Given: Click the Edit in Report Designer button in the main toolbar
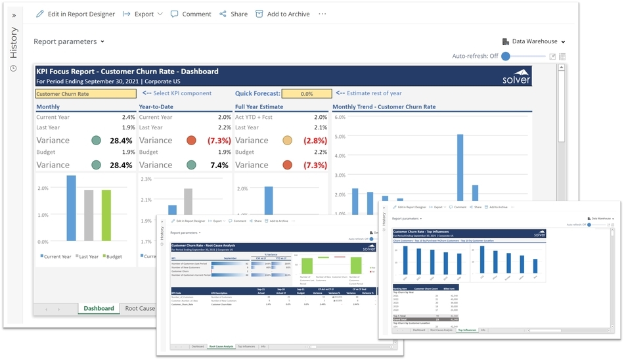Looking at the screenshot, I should [76, 14].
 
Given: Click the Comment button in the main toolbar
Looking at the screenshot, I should [190, 14].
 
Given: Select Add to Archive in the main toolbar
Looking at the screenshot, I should [282, 14].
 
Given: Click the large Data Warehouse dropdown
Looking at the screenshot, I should [534, 41].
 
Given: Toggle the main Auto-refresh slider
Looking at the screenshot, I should [506, 56].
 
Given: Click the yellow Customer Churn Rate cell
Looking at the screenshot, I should [85, 94].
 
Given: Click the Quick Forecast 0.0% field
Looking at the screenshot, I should [307, 94].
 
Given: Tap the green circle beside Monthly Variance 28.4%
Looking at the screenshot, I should [97, 140].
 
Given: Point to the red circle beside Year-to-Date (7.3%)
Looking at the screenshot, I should [191, 140].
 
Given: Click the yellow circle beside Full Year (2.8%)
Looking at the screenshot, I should [287, 140].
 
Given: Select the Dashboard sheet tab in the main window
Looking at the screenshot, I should [99, 308].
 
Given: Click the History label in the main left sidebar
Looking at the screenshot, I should [14, 43].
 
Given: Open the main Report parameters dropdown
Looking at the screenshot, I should [69, 41].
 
